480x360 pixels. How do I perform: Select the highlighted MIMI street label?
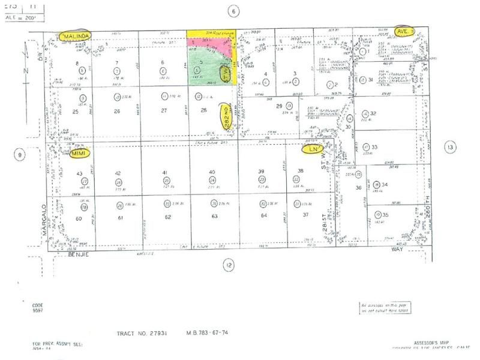pos(79,153)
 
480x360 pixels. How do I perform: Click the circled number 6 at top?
pos(235,10)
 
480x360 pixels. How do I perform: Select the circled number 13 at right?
pos(450,146)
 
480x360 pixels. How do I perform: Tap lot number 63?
pos(212,217)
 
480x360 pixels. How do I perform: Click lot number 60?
pos(79,218)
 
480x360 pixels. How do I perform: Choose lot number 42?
pos(118,172)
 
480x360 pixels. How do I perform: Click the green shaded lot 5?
pos(202,65)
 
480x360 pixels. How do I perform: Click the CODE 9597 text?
pos(38,308)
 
